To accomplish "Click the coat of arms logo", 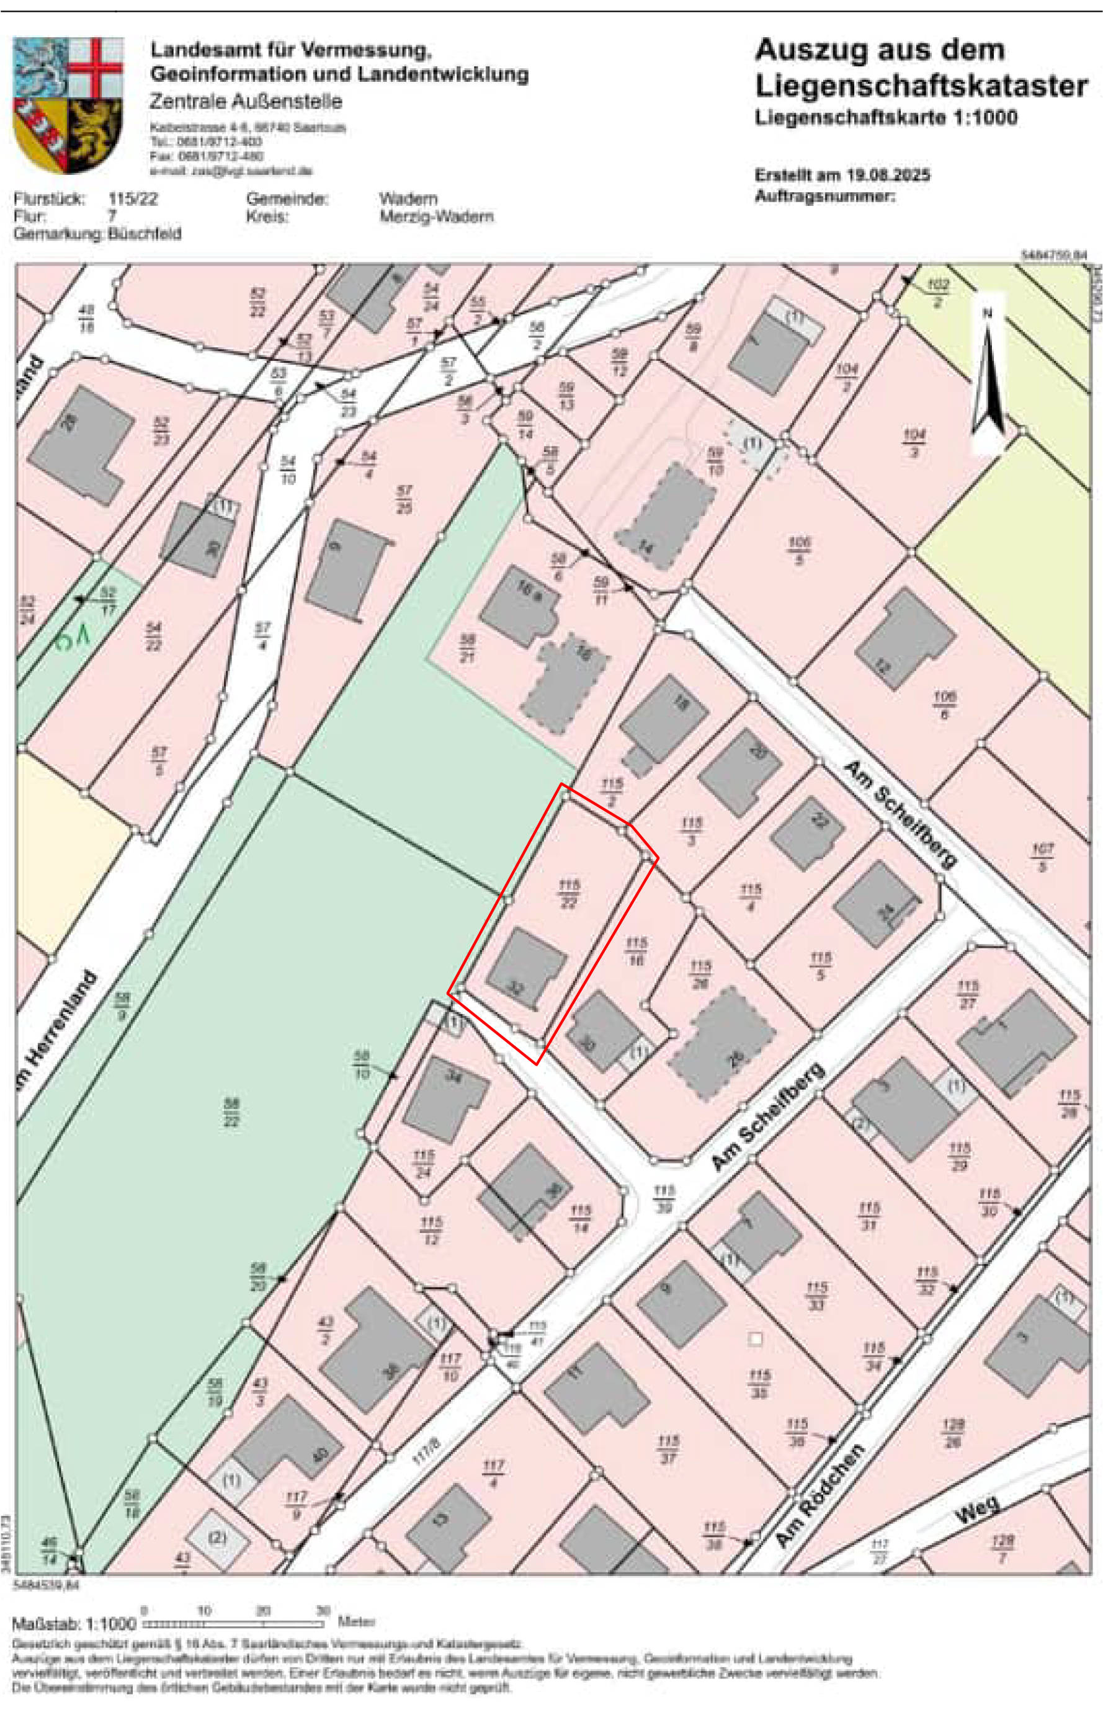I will pos(68,105).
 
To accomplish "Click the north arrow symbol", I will pos(988,376).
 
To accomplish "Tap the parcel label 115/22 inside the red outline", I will pos(569,894).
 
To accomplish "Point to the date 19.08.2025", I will pos(888,175).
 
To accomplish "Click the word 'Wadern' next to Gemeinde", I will pos(408,198).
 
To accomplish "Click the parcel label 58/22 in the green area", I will pos(231,1112).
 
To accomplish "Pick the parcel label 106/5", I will pos(798,550).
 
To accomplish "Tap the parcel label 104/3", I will pos(914,442).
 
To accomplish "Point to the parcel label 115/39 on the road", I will pos(664,1200).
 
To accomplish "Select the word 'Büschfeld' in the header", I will pos(144,234).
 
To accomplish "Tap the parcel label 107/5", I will pos(1042,857).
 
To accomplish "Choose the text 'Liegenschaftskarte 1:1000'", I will pos(885,117).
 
